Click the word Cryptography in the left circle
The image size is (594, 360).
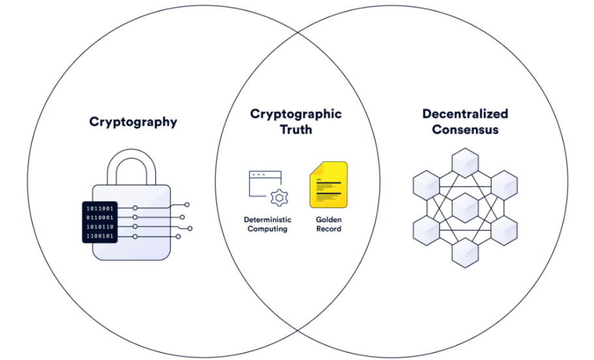click(133, 122)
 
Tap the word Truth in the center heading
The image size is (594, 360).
click(295, 129)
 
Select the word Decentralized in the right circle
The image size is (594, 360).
click(465, 114)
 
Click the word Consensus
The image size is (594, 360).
click(465, 130)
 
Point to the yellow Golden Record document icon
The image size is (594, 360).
click(328, 185)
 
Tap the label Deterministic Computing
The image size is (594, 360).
click(267, 224)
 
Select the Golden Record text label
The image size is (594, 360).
click(328, 224)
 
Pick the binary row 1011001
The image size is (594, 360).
click(100, 208)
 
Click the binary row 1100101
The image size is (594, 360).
click(100, 236)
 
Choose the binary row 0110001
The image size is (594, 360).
click(100, 217)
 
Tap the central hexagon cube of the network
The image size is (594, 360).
click(465, 207)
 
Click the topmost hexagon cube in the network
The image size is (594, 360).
click(465, 162)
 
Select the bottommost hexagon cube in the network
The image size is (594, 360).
click(465, 252)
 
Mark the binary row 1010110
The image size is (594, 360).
click(100, 227)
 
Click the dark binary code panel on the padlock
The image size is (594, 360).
click(100, 222)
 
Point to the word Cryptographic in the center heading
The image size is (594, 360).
click(295, 114)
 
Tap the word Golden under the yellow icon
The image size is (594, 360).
click(328, 220)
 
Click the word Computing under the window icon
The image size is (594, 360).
click(267, 229)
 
